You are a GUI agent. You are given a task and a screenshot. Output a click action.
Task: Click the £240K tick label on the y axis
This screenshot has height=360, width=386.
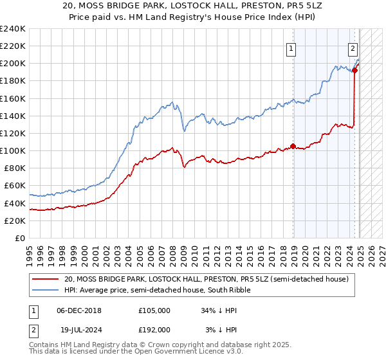click(13, 28)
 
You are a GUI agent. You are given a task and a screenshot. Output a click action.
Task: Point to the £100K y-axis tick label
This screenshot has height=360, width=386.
click(13, 150)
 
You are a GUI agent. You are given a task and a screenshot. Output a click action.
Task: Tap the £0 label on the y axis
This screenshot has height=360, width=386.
click(20, 238)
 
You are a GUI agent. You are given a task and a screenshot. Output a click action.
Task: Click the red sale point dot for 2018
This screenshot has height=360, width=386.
click(293, 146)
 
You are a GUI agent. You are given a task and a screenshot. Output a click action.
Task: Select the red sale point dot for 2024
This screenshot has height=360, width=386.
click(354, 70)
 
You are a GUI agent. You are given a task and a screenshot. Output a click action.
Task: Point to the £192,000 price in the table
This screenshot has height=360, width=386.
click(154, 329)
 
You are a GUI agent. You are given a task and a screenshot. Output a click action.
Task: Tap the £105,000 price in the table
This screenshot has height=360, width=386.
click(154, 310)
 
